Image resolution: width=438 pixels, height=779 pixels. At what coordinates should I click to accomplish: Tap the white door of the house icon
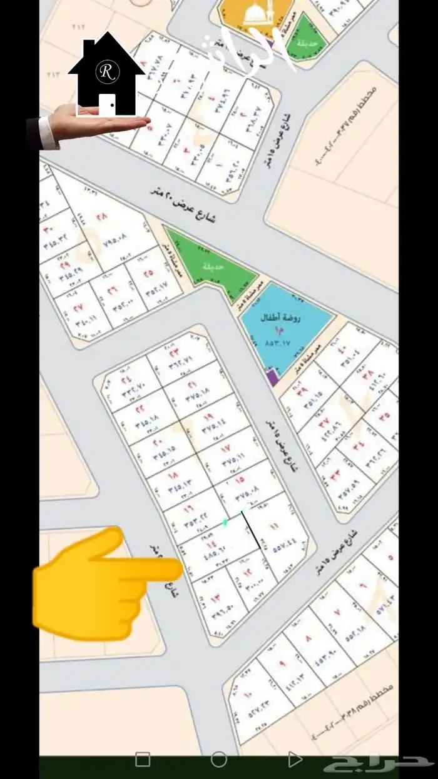point(107,105)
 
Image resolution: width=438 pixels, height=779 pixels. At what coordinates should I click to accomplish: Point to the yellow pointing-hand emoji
point(106,584)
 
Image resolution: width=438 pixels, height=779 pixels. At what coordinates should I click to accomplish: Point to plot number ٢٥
point(148,274)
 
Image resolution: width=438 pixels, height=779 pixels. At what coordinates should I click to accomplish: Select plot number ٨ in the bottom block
point(308,639)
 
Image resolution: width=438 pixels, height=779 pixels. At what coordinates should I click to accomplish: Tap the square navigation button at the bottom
point(143,760)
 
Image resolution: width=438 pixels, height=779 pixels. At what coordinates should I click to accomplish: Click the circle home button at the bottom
point(218,760)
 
